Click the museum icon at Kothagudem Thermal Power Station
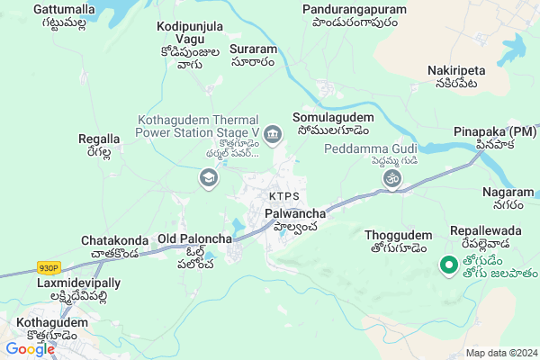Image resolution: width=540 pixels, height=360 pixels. coord(274,134)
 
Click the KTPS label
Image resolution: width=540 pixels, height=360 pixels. coord(283,196)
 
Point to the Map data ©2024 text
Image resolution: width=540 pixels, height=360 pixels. coord(499,353)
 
